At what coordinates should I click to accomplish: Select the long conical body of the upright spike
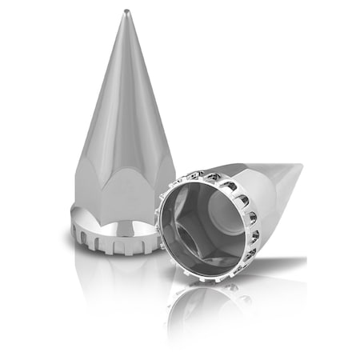[x=128, y=96]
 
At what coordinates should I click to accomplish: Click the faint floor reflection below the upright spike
[x=112, y=276]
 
